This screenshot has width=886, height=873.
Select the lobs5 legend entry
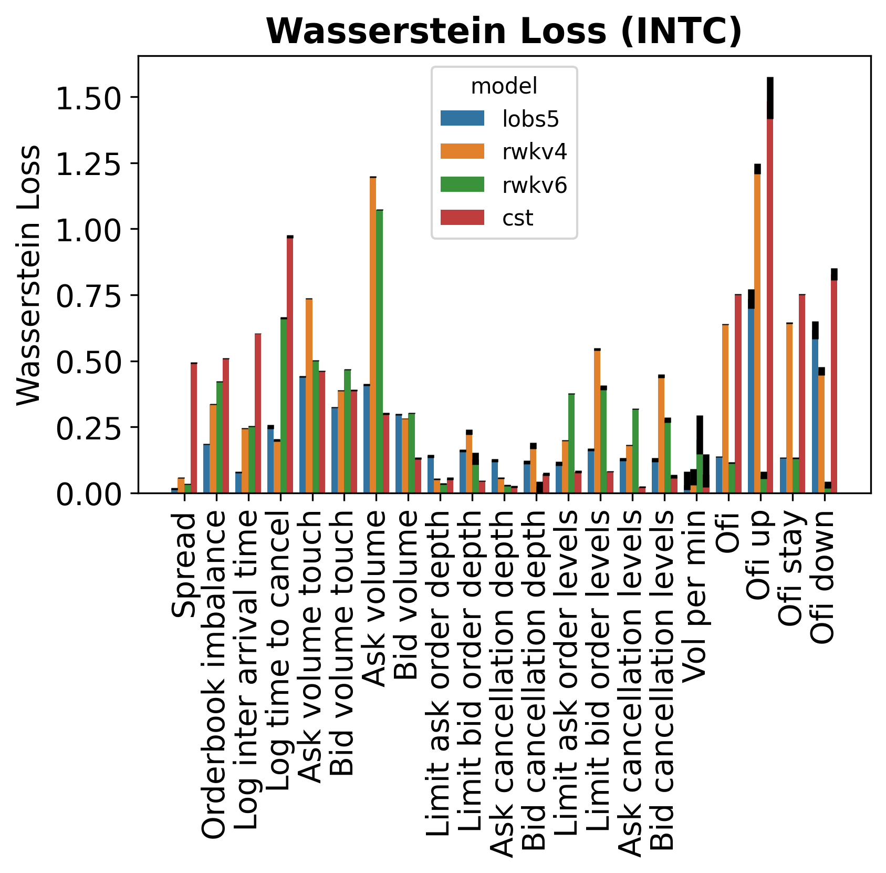pyautogui.click(x=530, y=119)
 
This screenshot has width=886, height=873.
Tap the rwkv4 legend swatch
pyautogui.click(x=462, y=151)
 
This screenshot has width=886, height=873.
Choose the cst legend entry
pyautogui.click(x=517, y=218)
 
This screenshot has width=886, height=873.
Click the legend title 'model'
pyautogui.click(x=504, y=86)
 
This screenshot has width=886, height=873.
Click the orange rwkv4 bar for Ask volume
pyautogui.click(x=373, y=336)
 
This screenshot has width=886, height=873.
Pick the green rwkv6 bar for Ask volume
pyautogui.click(x=379, y=352)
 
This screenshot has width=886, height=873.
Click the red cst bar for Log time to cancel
pyautogui.click(x=290, y=365)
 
